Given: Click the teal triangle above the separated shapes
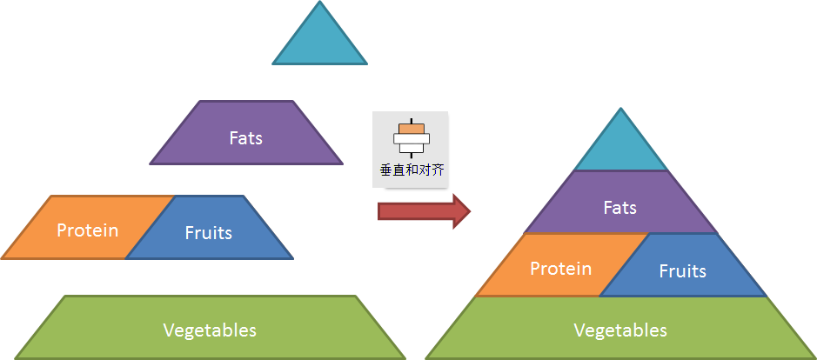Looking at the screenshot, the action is pyautogui.click(x=319, y=42).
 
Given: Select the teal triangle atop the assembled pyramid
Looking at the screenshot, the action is pyautogui.click(x=620, y=149).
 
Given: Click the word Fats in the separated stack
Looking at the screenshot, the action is pyautogui.click(x=246, y=138).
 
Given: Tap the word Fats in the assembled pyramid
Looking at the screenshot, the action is pyautogui.click(x=620, y=208).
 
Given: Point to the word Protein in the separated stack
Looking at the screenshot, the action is pyautogui.click(x=88, y=230).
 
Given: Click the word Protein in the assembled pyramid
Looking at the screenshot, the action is pyautogui.click(x=560, y=269).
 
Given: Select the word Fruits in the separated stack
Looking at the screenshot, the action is pyautogui.click(x=209, y=232).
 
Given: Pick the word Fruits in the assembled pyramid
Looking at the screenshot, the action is pyautogui.click(x=682, y=271).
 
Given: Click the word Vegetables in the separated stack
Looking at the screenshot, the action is pyautogui.click(x=210, y=330).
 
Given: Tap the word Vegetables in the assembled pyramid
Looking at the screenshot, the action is pyautogui.click(x=620, y=330).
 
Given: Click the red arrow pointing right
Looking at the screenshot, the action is pyautogui.click(x=424, y=211).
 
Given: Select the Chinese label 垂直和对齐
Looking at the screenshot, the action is pyautogui.click(x=412, y=170).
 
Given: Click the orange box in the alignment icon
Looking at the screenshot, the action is pyautogui.click(x=412, y=129).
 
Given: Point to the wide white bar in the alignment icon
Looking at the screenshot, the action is pyautogui.click(x=412, y=138).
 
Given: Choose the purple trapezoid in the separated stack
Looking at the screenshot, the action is pyautogui.click(x=246, y=133).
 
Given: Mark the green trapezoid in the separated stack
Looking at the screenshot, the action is pyautogui.click(x=210, y=328).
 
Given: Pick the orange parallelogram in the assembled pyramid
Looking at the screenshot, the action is pyautogui.click(x=562, y=265).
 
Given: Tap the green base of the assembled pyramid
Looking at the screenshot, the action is pyautogui.click(x=620, y=328).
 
